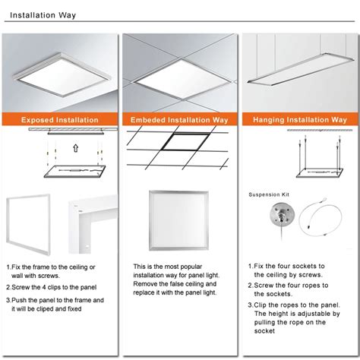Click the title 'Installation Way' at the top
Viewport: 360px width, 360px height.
tap(41, 14)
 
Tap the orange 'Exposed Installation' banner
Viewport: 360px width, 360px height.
tap(60, 119)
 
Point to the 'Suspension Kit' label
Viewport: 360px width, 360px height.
tap(269, 195)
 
